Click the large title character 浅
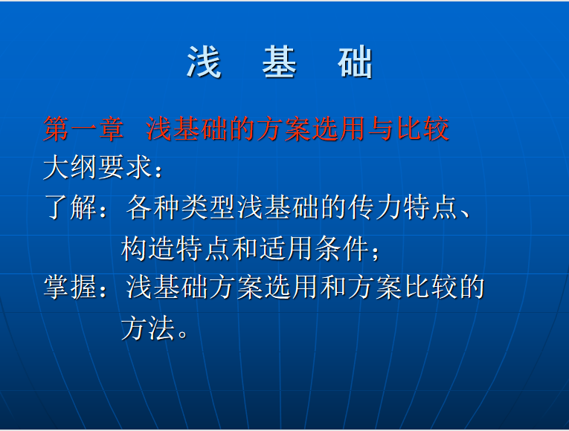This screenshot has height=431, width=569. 204,62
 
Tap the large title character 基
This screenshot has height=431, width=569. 280,62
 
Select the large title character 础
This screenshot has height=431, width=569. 355,62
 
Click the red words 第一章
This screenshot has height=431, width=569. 83,129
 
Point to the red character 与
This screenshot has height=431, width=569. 381,129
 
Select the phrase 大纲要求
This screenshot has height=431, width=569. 97,167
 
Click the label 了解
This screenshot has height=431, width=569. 71,207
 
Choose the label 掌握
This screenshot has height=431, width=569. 71,287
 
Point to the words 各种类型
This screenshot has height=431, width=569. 181,207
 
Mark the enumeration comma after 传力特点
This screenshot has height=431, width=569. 464,213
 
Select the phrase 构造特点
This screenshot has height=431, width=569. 176,248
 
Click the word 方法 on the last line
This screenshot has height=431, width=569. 148,327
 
